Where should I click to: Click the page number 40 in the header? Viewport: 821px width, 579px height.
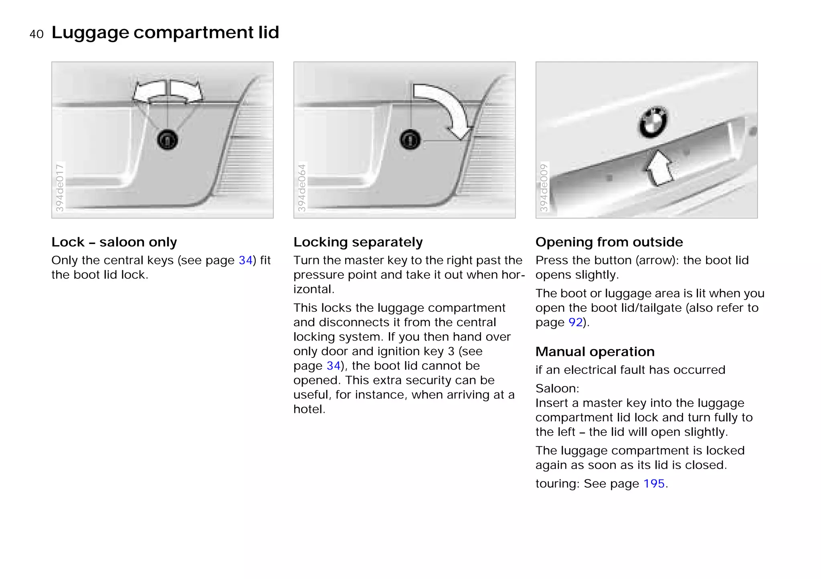[36, 34]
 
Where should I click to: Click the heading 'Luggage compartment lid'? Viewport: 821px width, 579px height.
[165, 32]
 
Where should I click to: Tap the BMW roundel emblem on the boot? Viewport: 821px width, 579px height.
[653, 122]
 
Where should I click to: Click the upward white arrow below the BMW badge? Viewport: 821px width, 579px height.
[659, 168]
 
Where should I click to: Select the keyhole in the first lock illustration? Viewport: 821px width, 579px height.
[167, 140]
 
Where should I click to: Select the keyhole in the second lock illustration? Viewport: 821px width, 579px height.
[410, 140]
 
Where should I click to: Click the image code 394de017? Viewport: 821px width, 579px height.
[60, 187]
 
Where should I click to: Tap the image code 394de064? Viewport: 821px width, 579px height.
[302, 187]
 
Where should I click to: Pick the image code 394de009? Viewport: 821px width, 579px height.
[544, 187]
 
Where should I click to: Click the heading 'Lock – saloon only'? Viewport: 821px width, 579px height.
[114, 242]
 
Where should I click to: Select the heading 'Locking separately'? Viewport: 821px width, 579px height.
[358, 242]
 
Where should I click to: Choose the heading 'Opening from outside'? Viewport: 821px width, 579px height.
[609, 242]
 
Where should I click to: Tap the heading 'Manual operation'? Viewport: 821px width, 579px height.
[595, 351]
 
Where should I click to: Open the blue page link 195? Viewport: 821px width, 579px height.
[654, 484]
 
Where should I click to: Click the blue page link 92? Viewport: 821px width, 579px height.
[575, 322]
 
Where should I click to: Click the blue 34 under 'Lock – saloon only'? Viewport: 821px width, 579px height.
[245, 260]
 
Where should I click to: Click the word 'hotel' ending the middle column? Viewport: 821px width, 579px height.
[307, 409]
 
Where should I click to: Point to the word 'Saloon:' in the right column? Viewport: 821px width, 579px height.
[557, 388]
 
